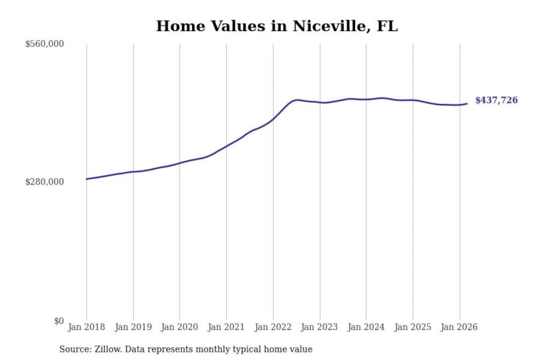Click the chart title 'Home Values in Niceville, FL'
click(277, 26)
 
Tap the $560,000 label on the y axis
click(45, 44)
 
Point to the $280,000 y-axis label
click(45, 182)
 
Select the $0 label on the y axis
click(58, 321)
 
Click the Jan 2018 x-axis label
click(86, 327)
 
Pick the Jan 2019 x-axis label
click(133, 327)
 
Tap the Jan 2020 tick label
click(179, 327)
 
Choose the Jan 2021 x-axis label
click(226, 327)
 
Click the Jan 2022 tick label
click(273, 327)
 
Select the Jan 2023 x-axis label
click(319, 327)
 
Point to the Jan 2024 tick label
click(366, 327)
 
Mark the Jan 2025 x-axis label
click(413, 327)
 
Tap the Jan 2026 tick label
click(459, 327)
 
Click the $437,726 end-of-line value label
click(496, 100)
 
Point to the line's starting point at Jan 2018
click(87, 179)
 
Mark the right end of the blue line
click(467, 103)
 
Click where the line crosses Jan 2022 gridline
click(273, 119)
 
